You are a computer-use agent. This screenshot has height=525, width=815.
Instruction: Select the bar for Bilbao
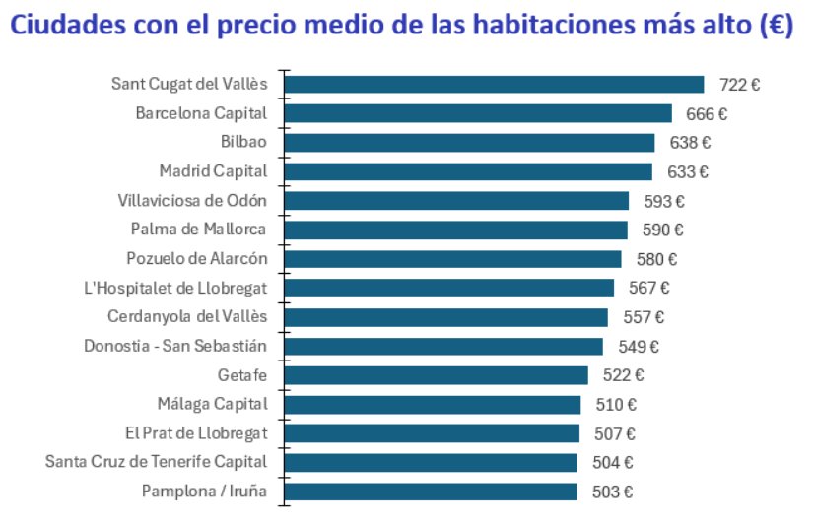(x=469, y=143)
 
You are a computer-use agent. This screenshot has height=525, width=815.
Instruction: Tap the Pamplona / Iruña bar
(x=430, y=492)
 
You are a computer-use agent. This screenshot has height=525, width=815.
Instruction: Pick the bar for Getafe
(x=436, y=375)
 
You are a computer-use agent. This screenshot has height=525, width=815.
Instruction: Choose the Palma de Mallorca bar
(x=455, y=230)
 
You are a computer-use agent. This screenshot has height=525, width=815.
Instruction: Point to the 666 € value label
(x=707, y=114)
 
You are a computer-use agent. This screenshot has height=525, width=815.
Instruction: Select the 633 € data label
(x=688, y=172)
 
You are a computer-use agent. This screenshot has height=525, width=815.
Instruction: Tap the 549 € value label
(x=639, y=347)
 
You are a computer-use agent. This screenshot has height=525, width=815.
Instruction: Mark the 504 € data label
(x=613, y=463)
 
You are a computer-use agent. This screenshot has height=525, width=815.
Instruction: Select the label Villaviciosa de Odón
(x=192, y=201)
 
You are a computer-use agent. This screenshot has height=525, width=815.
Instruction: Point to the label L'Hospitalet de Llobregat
(x=176, y=288)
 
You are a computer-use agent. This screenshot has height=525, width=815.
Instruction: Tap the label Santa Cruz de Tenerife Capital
(x=157, y=462)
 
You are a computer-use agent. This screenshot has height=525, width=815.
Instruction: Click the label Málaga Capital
(x=212, y=404)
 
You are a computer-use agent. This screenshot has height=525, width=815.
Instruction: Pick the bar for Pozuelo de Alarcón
(x=452, y=259)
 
